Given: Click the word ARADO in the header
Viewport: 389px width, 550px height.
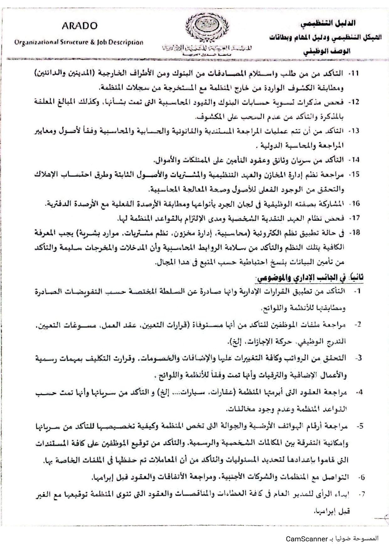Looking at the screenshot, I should (80, 26).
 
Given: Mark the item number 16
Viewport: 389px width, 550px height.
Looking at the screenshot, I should (355, 203).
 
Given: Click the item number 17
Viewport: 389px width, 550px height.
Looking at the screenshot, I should (354, 218).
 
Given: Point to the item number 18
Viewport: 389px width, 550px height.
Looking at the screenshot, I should (354, 233).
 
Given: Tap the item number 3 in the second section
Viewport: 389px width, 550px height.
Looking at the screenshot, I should (359, 358).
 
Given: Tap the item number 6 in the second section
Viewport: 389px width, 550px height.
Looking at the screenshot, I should (361, 477).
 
